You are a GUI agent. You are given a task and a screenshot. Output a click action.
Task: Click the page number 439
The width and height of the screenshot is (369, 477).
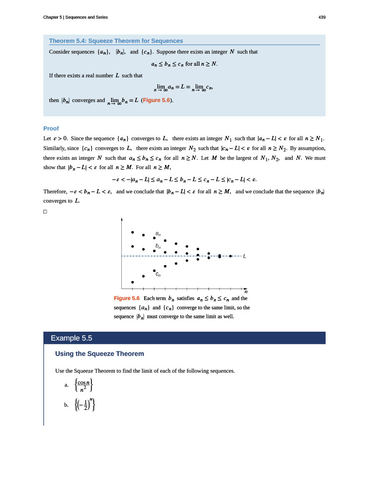[x=321, y=17]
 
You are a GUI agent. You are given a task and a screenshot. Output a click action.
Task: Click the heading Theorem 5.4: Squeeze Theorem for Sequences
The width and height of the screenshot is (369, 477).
[x=116, y=41]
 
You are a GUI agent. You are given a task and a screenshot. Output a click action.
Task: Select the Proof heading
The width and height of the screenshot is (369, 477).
[x=51, y=129]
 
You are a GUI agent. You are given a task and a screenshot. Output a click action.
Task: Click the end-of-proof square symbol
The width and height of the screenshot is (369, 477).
[x=45, y=212]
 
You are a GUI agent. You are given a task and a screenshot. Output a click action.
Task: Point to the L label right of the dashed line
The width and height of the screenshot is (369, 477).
[x=244, y=256]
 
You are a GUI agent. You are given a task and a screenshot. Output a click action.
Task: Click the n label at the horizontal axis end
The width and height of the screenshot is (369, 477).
[x=246, y=292]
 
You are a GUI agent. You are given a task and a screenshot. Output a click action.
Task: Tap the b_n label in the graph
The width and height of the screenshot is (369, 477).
[x=158, y=245]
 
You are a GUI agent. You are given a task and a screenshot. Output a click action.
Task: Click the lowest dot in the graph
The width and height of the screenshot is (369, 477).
[x=132, y=282]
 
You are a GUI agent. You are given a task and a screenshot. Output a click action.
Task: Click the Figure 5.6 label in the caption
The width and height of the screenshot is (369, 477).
[x=127, y=298]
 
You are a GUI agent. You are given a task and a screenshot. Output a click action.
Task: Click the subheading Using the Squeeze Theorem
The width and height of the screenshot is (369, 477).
[x=99, y=354]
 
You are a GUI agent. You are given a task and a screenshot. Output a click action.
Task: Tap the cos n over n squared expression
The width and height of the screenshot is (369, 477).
[x=84, y=385]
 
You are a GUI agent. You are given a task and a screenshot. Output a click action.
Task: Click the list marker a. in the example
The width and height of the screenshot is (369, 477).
[x=67, y=385]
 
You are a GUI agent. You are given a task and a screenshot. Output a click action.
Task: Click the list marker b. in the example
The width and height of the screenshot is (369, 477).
[x=67, y=405]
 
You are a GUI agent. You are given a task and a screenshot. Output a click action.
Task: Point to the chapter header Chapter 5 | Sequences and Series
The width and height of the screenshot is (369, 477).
[x=75, y=17]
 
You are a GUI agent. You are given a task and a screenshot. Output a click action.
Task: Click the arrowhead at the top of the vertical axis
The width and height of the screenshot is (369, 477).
[x=122, y=218]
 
